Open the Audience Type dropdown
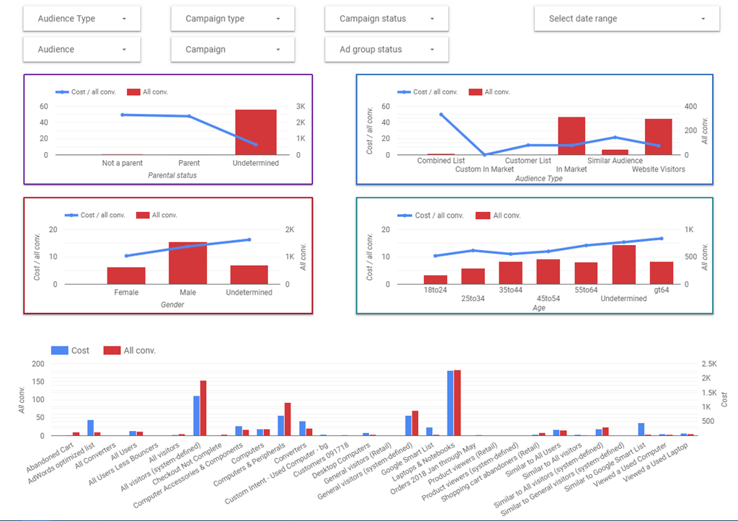click(81, 19)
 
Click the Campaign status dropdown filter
click(386, 19)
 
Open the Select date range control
click(626, 19)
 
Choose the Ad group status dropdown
click(386, 50)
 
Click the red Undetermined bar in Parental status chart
click(256, 133)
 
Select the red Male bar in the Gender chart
click(188, 263)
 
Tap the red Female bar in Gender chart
click(126, 275)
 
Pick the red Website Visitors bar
click(658, 137)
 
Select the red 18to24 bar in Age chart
click(435, 280)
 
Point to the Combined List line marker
click(441, 115)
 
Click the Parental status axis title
click(172, 175)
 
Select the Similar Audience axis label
click(615, 161)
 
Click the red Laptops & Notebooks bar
click(457, 403)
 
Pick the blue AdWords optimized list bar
click(91, 427)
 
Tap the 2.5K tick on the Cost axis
click(710, 364)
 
